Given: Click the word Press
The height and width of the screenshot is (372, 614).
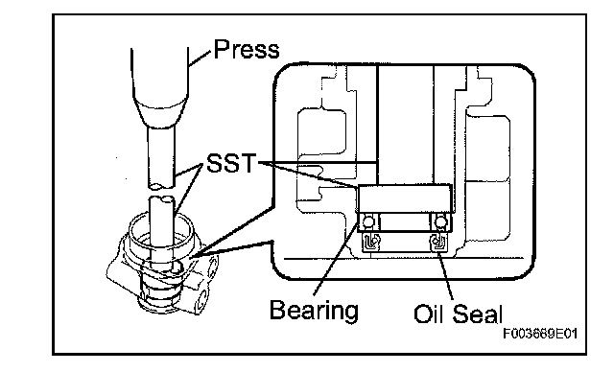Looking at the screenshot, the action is [x=247, y=50].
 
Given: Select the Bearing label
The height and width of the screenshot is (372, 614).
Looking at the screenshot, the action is [x=314, y=311].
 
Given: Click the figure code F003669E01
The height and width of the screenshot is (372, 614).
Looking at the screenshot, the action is [x=540, y=334].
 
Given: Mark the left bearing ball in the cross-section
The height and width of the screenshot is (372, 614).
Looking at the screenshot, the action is [x=368, y=222].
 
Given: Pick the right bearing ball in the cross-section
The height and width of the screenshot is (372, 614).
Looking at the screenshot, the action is [x=441, y=222].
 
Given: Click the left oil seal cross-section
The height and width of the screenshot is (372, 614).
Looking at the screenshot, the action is [x=371, y=242].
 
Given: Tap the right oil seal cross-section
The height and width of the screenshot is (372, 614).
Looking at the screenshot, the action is [x=438, y=242].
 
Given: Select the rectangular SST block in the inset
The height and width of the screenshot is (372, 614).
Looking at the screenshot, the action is [x=405, y=198].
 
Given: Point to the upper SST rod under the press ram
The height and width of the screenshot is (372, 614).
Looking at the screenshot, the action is [x=161, y=157].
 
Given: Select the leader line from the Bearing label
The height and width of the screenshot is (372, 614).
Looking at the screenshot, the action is [x=337, y=255].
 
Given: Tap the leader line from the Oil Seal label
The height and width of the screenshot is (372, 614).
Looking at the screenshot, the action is [x=445, y=276].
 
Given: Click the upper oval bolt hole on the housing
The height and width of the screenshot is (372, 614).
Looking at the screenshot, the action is [x=212, y=267].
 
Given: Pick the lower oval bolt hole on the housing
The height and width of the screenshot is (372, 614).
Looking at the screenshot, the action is [x=203, y=300].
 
